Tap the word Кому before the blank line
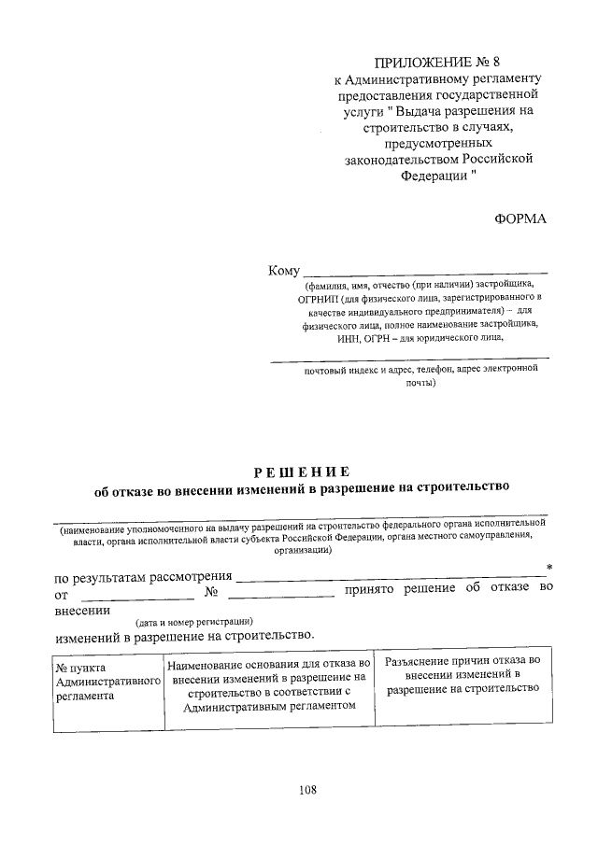coord(283,271)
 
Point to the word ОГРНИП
coord(317,298)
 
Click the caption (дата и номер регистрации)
coord(192,621)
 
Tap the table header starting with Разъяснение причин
coord(463,674)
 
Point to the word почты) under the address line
coord(420,383)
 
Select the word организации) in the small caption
coord(300,551)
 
